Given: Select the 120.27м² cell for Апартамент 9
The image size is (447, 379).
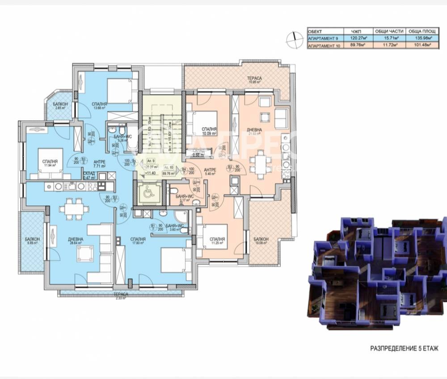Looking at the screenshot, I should point(357,38).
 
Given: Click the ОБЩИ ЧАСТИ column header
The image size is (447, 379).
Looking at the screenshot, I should point(388,31).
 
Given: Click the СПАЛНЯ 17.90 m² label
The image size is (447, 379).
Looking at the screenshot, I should point(139,241).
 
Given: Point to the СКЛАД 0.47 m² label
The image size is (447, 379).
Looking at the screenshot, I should point(90,175).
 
